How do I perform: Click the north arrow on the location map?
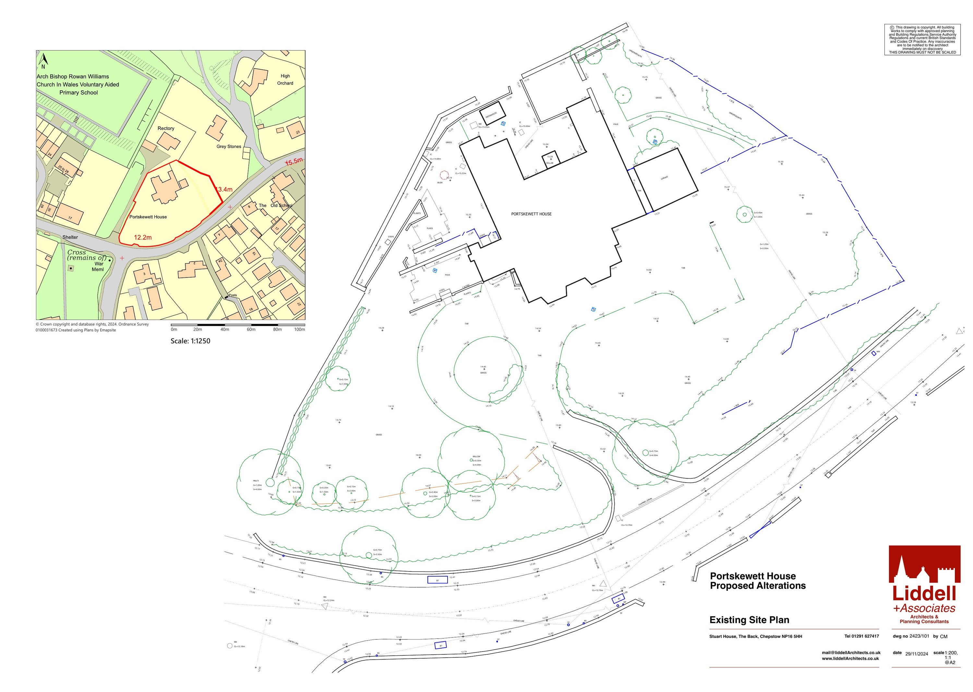(x=42, y=61)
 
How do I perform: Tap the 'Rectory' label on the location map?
(x=166, y=128)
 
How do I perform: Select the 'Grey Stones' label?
(x=229, y=147)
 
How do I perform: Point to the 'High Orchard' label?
(x=285, y=80)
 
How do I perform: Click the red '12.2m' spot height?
(x=143, y=237)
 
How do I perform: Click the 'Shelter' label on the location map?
(x=70, y=237)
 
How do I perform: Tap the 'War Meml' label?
(x=99, y=266)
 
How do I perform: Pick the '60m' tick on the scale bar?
(x=251, y=329)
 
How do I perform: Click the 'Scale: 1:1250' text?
(x=190, y=341)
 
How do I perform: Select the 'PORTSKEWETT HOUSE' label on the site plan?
(x=531, y=214)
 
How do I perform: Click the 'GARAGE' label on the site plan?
(x=664, y=178)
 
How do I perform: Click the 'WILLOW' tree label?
(x=476, y=456)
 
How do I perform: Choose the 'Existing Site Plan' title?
(x=749, y=620)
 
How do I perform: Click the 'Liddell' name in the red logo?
(x=924, y=593)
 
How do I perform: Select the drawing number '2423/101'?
(x=919, y=636)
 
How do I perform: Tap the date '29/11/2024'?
(x=917, y=654)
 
